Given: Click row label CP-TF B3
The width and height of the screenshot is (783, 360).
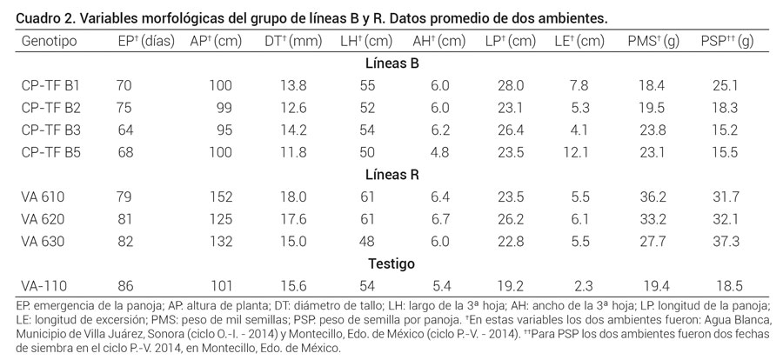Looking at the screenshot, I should point(50,130).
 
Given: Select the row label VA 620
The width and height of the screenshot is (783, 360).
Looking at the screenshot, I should point(43,218).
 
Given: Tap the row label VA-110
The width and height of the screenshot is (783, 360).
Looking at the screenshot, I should point(43,285).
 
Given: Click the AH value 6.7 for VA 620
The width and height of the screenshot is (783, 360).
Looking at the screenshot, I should point(440,218).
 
